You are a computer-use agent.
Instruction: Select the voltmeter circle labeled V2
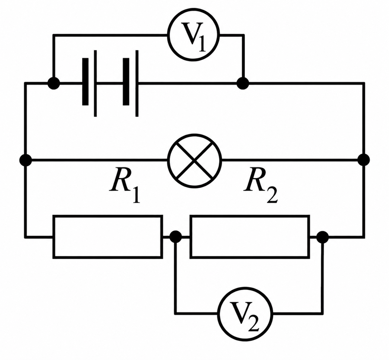tap(245, 288)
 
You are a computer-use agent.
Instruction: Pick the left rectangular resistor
tap(108, 216)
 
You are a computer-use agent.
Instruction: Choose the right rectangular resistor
tap(250, 216)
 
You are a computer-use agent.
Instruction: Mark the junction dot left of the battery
tap(54, 84)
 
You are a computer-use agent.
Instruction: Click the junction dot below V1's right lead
tap(243, 84)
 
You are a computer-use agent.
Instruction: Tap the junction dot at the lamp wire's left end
tap(26, 160)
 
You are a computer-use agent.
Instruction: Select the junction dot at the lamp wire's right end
tap(364, 160)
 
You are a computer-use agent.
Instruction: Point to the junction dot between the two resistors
tap(176, 237)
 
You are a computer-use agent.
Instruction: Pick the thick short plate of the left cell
tap(85, 82)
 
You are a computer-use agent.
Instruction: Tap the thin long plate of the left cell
tap(95, 83)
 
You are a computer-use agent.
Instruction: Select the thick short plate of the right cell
tap(126, 82)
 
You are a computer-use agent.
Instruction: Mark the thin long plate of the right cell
tap(137, 83)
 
